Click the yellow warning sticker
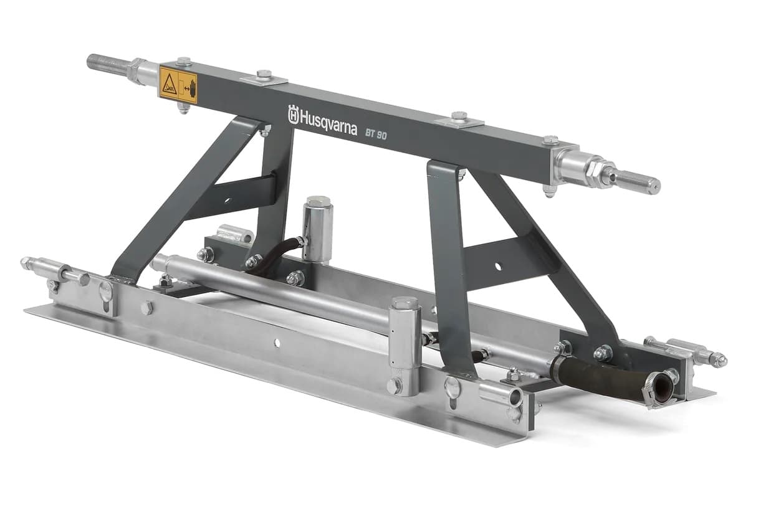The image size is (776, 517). click(178, 85)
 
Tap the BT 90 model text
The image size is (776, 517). click(376, 132)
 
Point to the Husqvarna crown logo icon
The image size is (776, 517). click(294, 114)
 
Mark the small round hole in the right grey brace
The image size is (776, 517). click(498, 267)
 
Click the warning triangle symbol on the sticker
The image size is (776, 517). click(170, 84)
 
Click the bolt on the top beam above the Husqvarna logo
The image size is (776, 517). click(264, 75)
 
